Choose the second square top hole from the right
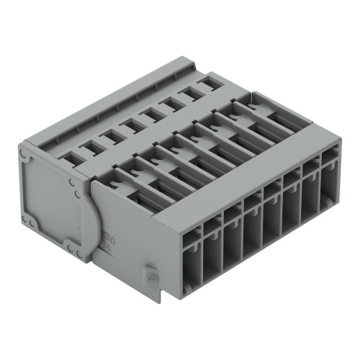pyautogui.click(x=188, y=98)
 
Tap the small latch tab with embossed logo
pyautogui.click(x=152, y=274)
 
